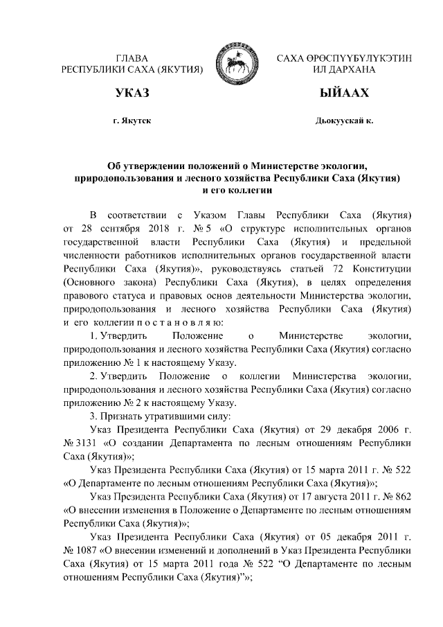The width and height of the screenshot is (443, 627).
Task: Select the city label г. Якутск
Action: coord(132,121)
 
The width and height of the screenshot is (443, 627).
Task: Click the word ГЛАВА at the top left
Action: coord(132,58)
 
